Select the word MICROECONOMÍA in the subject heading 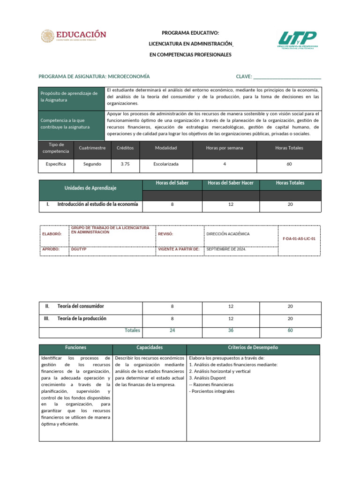click(129, 76)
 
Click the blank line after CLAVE click(287, 76)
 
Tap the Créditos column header click(125, 148)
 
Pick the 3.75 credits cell click(125, 164)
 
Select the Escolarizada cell click(166, 164)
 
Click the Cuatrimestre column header click(92, 148)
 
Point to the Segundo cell click(92, 164)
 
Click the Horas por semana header click(225, 148)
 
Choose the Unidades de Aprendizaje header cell click(90, 188)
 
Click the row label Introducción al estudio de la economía click(97, 204)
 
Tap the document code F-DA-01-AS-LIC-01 click(299, 239)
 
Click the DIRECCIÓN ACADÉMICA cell click(228, 233)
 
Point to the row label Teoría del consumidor click(81, 306)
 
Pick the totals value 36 click(231, 330)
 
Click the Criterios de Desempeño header click(253, 348)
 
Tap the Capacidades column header click(150, 348)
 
